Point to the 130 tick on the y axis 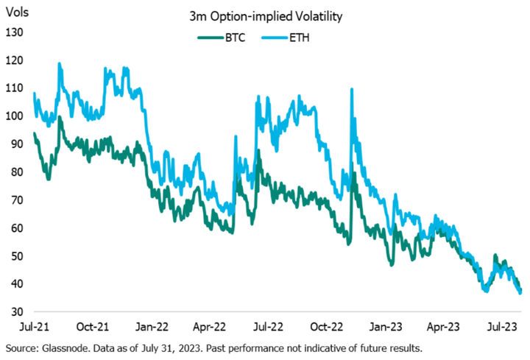[15, 32]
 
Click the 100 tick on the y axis [15, 116]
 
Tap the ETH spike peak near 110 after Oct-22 [351, 90]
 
